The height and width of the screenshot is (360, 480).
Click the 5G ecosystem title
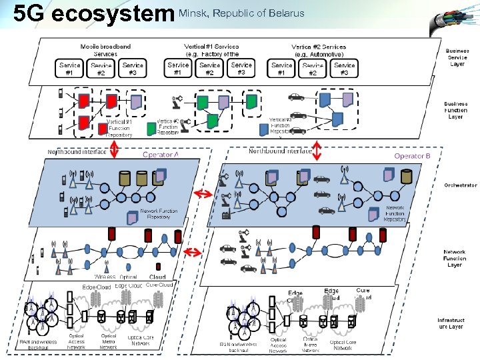(93, 14)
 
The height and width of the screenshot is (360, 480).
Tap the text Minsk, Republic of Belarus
(241, 13)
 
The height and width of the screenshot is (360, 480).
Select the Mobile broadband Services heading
(105, 50)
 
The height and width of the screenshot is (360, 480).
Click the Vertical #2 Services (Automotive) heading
(319, 50)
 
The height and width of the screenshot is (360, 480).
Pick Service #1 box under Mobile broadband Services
(69, 69)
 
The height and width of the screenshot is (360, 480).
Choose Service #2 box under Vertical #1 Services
(209, 69)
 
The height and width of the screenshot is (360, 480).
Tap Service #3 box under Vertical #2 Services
(344, 69)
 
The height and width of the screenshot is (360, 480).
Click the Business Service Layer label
(457, 57)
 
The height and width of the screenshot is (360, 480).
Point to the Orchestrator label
(460, 185)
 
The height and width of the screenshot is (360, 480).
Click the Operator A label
(161, 154)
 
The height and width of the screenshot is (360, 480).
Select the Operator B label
(413, 155)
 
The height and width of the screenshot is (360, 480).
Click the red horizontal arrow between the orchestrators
(202, 193)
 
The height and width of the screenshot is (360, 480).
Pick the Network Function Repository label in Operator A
(159, 213)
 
